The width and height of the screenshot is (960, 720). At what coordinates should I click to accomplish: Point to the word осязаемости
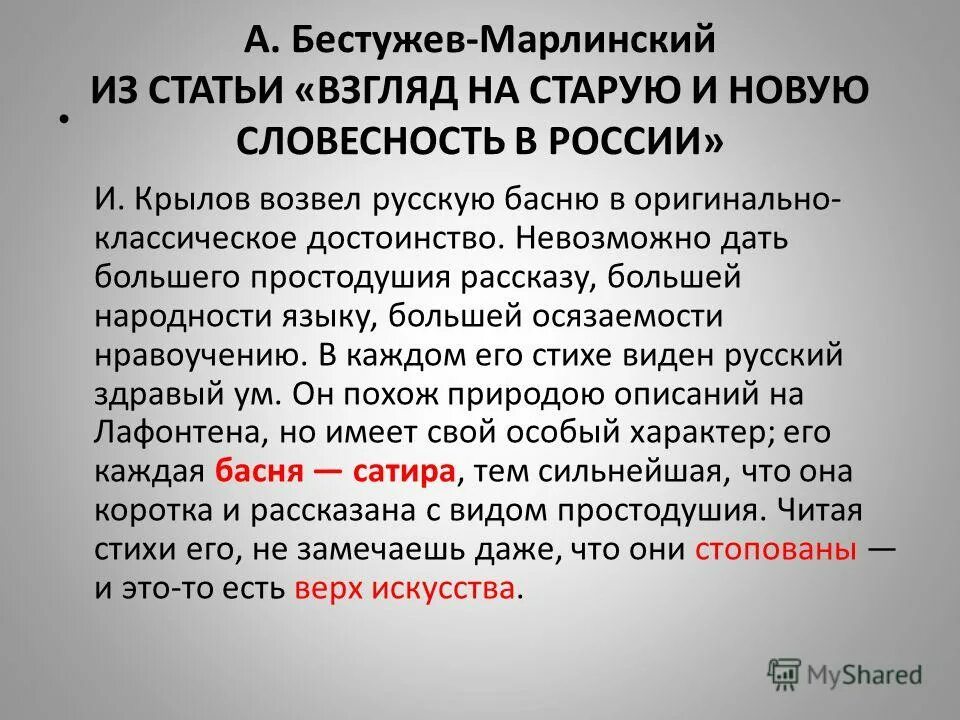[614, 316]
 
